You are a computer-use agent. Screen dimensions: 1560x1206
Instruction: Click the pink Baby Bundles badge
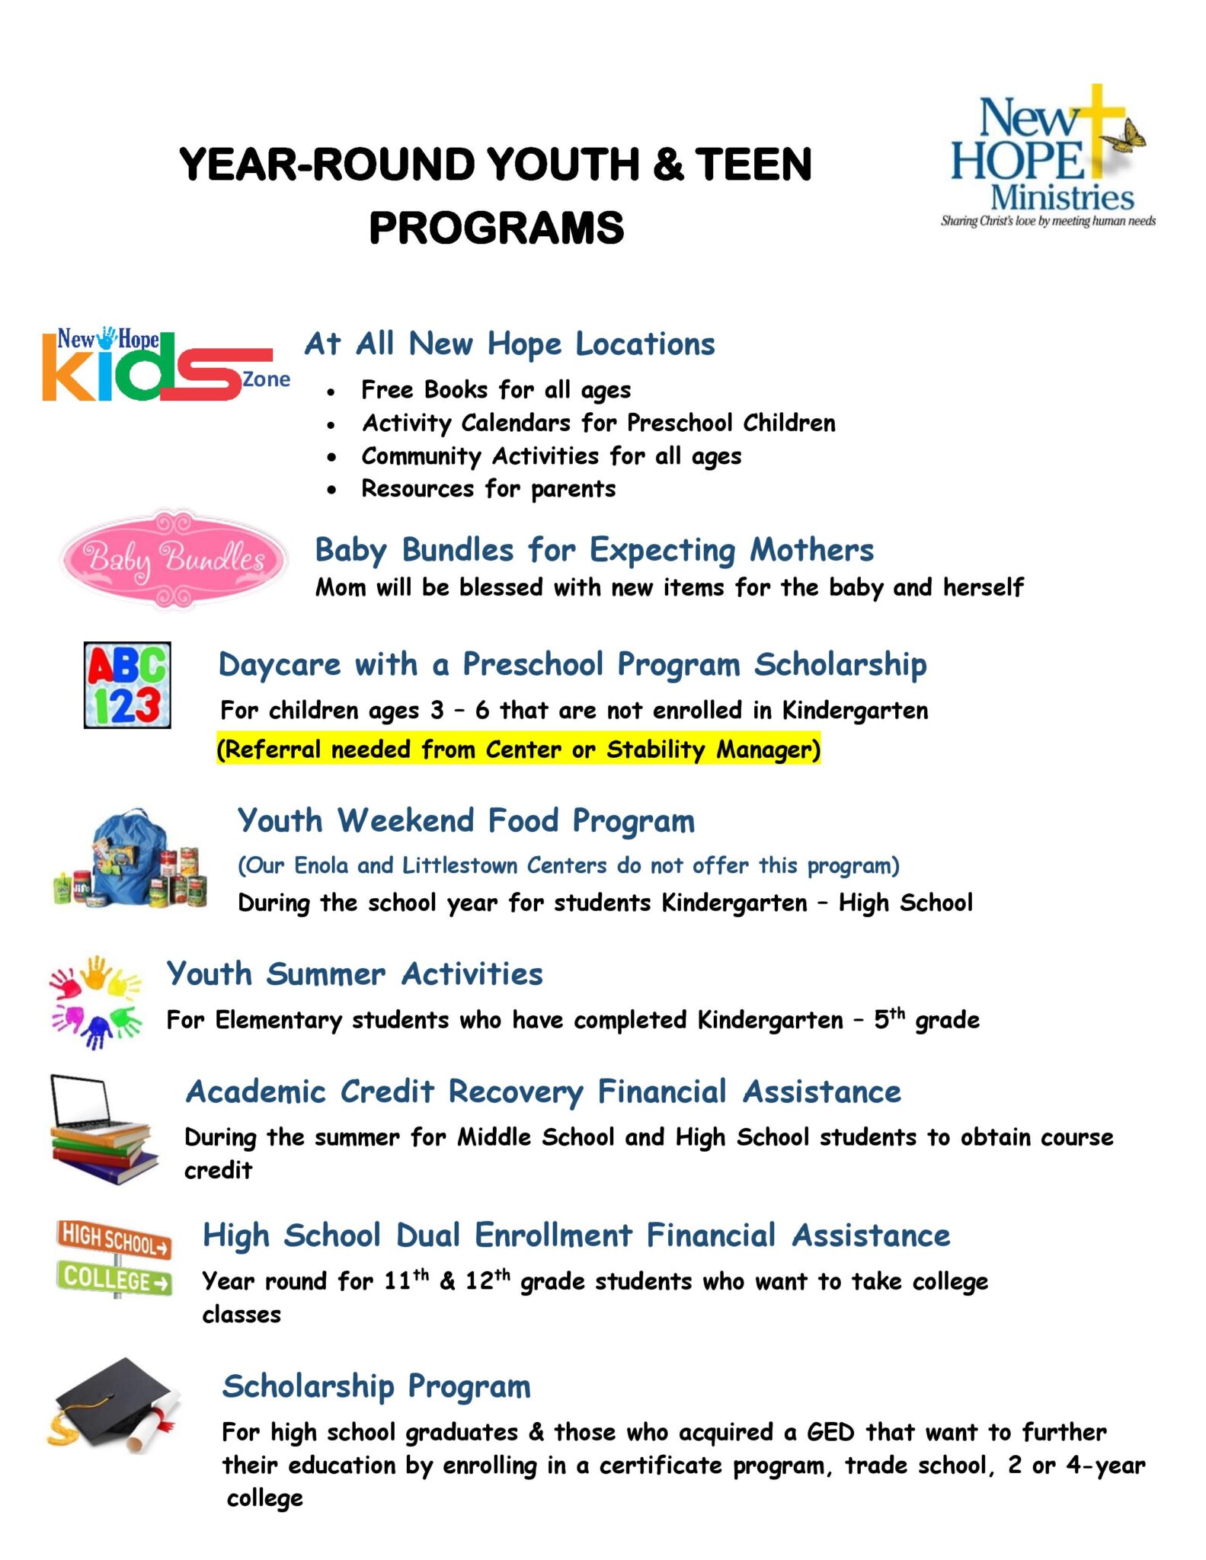[x=174, y=559]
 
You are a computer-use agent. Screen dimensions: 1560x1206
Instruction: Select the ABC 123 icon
[x=127, y=685]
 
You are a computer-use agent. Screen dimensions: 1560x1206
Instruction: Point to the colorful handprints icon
[x=96, y=1002]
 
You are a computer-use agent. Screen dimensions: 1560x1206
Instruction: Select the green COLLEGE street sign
[x=114, y=1279]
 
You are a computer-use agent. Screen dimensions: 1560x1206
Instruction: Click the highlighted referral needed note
[x=518, y=750]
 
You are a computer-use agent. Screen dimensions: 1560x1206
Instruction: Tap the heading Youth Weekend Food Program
[x=465, y=821]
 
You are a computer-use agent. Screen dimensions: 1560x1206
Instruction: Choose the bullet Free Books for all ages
[x=495, y=390]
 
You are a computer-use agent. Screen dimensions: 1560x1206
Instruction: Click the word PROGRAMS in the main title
[x=496, y=228]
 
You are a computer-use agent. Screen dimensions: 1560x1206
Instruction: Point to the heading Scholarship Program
[x=376, y=1386]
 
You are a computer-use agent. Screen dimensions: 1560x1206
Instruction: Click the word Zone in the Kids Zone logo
[x=266, y=379]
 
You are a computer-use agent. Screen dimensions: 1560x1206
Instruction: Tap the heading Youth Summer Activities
[x=354, y=974]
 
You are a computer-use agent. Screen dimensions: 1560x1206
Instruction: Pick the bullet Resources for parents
[x=488, y=489]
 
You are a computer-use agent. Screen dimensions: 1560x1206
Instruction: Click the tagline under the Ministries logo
[x=1048, y=222]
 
